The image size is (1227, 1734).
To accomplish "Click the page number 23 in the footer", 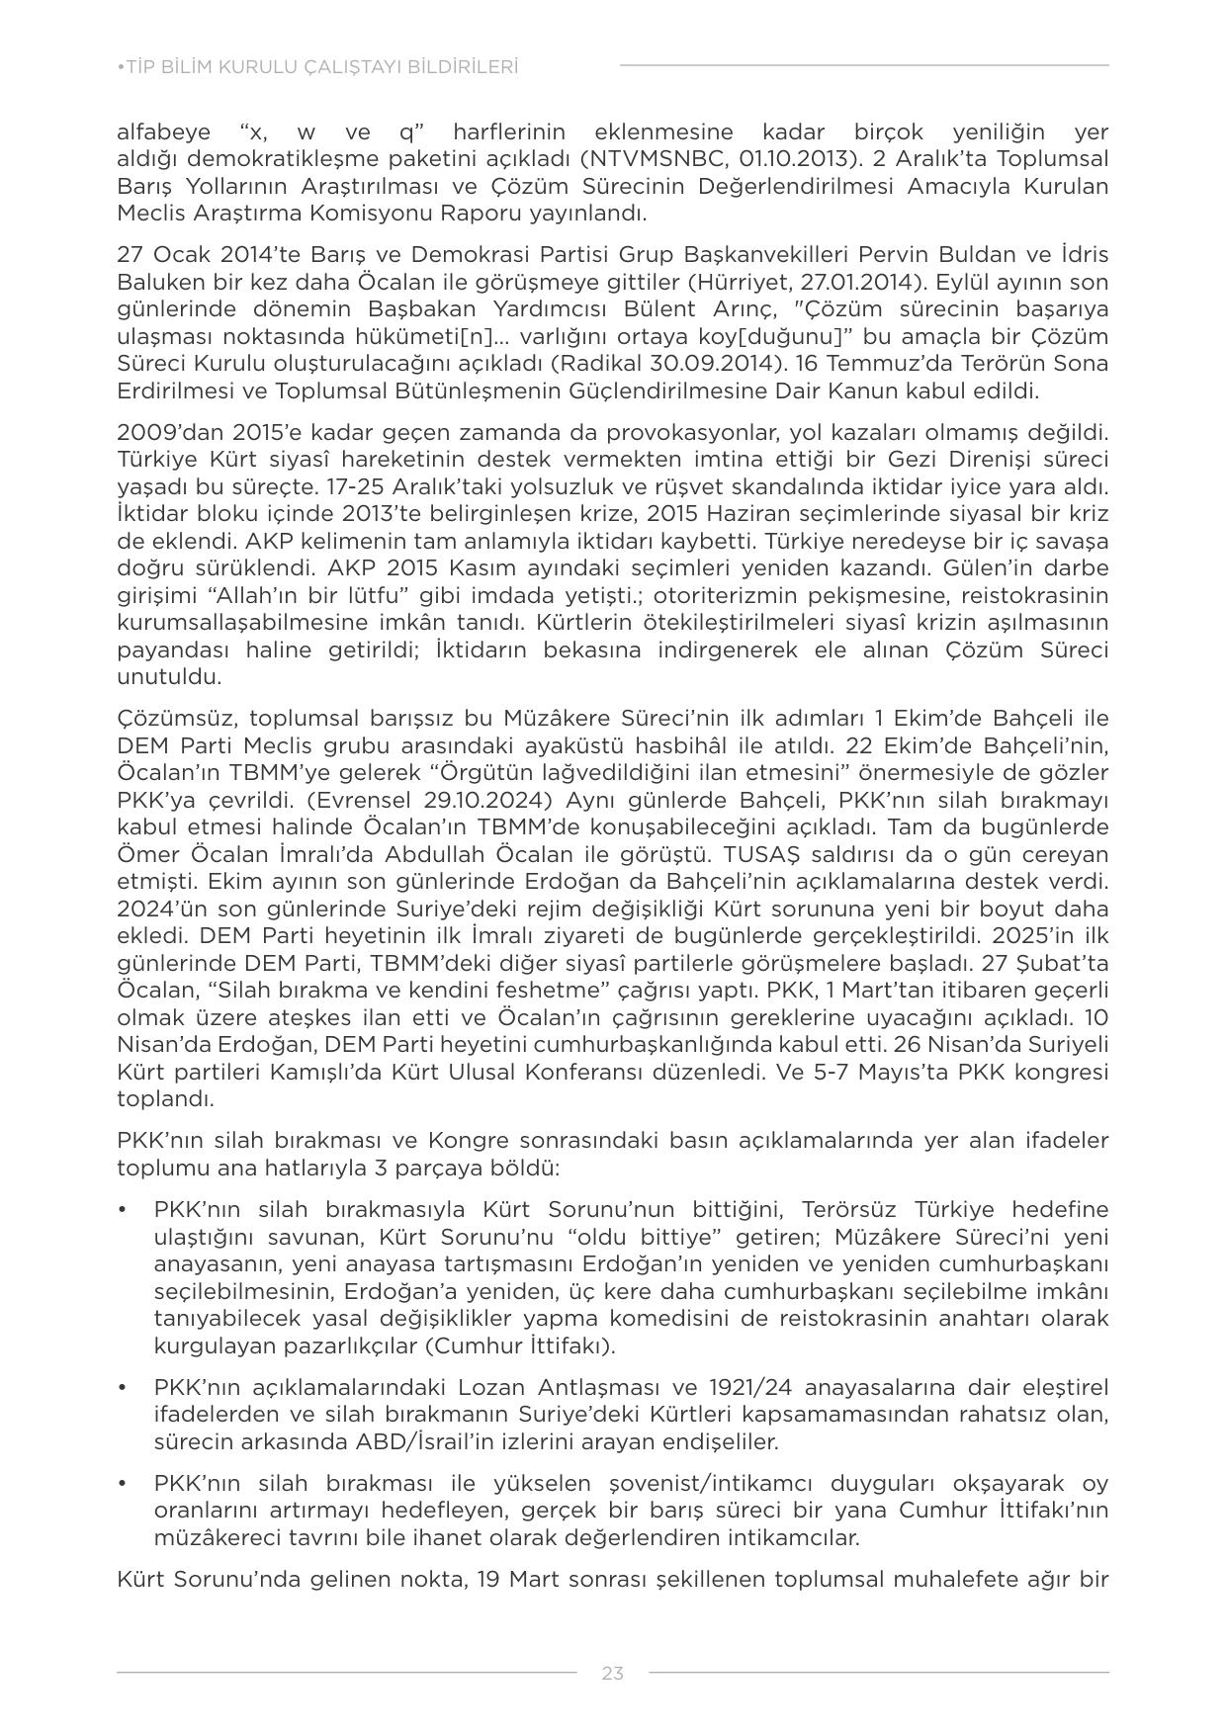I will click(612, 1673).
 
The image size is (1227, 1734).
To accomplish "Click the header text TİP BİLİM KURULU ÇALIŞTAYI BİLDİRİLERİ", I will click(317, 67).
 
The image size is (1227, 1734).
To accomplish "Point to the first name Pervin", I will click(784, 254).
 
